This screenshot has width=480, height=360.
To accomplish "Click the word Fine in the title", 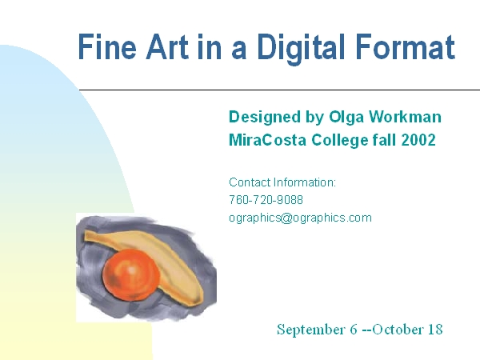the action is coord(107,47).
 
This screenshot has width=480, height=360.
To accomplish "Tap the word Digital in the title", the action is coord(302,49).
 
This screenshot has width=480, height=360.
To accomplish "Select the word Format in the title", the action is coord(406,46).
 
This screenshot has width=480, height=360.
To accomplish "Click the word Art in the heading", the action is coord(167,46).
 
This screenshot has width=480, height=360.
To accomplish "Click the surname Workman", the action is coord(405,117).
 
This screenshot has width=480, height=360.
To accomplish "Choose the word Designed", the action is coord(265,118).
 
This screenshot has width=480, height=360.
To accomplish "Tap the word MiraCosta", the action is coord(267,140).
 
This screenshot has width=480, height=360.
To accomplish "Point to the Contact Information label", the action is coord(282,182).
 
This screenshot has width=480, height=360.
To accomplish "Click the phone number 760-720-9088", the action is coord(266,200).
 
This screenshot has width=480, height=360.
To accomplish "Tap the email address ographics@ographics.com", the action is coord(300,218).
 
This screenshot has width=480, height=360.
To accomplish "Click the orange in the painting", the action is coord(131,275).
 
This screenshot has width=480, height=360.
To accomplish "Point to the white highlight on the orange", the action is coord(132,270).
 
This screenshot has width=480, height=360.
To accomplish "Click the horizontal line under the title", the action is coord(279,90).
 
